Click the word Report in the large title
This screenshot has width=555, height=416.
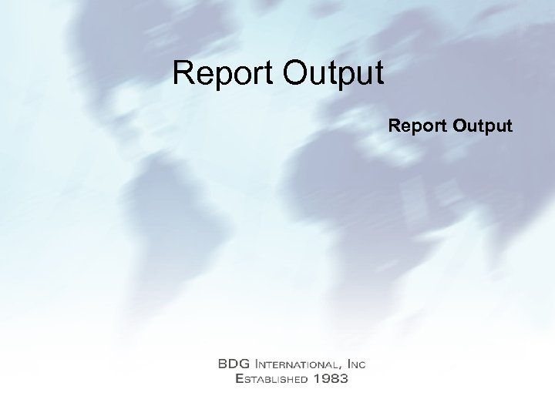[224, 74]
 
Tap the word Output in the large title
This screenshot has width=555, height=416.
[333, 74]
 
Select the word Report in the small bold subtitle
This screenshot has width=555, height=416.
[417, 125]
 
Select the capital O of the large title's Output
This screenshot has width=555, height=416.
[296, 74]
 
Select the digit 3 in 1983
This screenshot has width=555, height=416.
[344, 378]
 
